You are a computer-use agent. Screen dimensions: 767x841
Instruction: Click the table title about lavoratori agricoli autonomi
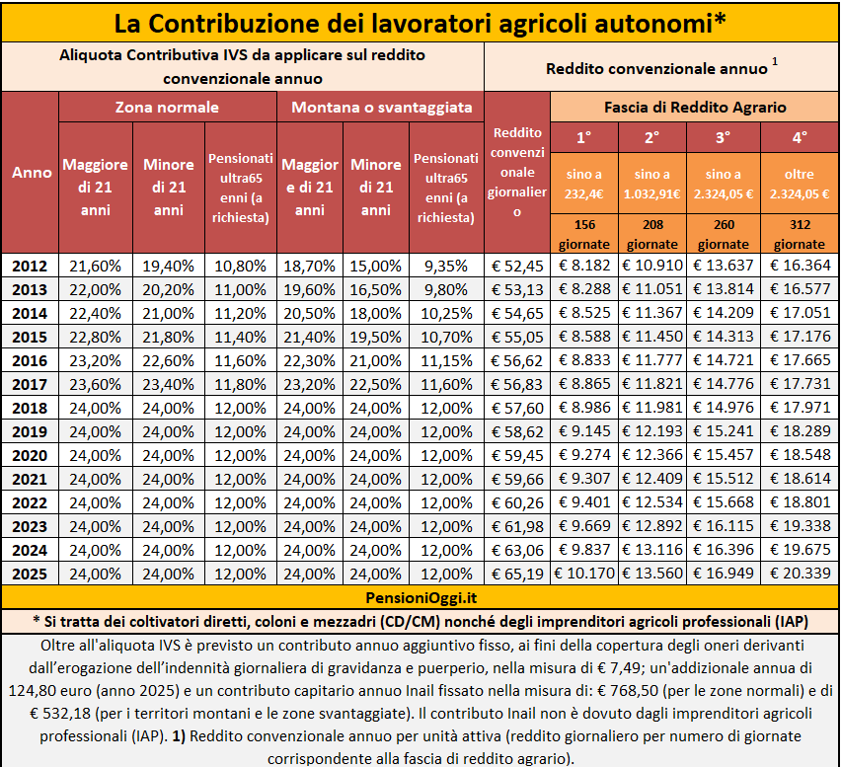tap(420, 22)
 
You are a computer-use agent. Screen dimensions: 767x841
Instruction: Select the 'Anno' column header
tap(32, 173)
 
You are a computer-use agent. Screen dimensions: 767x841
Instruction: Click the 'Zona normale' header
tap(167, 107)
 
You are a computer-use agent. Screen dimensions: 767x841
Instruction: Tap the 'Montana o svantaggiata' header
tap(380, 107)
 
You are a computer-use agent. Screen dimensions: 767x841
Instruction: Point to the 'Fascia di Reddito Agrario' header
tap(695, 107)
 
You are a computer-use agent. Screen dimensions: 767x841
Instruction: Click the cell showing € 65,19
tap(517, 573)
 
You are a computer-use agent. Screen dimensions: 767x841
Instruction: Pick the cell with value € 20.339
tap(800, 573)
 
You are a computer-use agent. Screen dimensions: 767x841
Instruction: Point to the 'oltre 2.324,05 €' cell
tap(800, 184)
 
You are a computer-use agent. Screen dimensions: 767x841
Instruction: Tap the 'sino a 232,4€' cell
tap(584, 184)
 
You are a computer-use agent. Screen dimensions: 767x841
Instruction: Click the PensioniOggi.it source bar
tap(420, 597)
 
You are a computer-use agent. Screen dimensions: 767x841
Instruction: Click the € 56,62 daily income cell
tap(517, 359)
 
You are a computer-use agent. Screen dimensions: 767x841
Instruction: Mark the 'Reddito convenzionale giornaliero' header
tap(517, 173)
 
